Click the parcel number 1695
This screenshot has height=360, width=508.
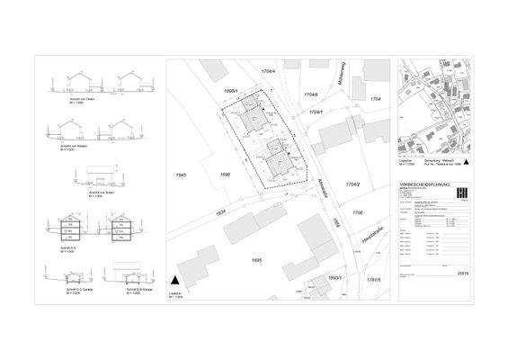[255, 260]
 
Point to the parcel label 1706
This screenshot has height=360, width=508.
[358, 211]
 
